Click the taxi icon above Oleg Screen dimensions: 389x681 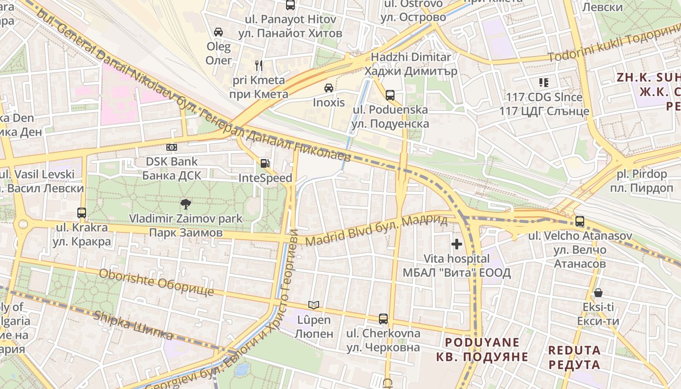[x=218, y=32]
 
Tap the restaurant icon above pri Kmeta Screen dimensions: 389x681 [x=259, y=65]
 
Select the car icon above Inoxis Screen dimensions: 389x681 [x=329, y=88]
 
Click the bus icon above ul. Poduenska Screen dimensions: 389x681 [x=390, y=95]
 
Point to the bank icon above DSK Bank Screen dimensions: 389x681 [x=171, y=147]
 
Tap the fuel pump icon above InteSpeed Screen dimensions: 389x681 [x=265, y=163]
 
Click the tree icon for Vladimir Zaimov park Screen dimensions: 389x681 [x=185, y=204]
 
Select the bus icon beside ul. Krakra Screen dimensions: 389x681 [x=82, y=212]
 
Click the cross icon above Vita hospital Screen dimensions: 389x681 [x=456, y=244]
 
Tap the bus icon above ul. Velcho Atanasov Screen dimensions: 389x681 [x=579, y=221]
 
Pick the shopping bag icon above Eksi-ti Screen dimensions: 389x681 [x=598, y=293]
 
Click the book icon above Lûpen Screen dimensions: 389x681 [x=314, y=305]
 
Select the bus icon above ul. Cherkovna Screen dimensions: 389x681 [x=383, y=319]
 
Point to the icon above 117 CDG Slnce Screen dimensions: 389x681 [x=543, y=83]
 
